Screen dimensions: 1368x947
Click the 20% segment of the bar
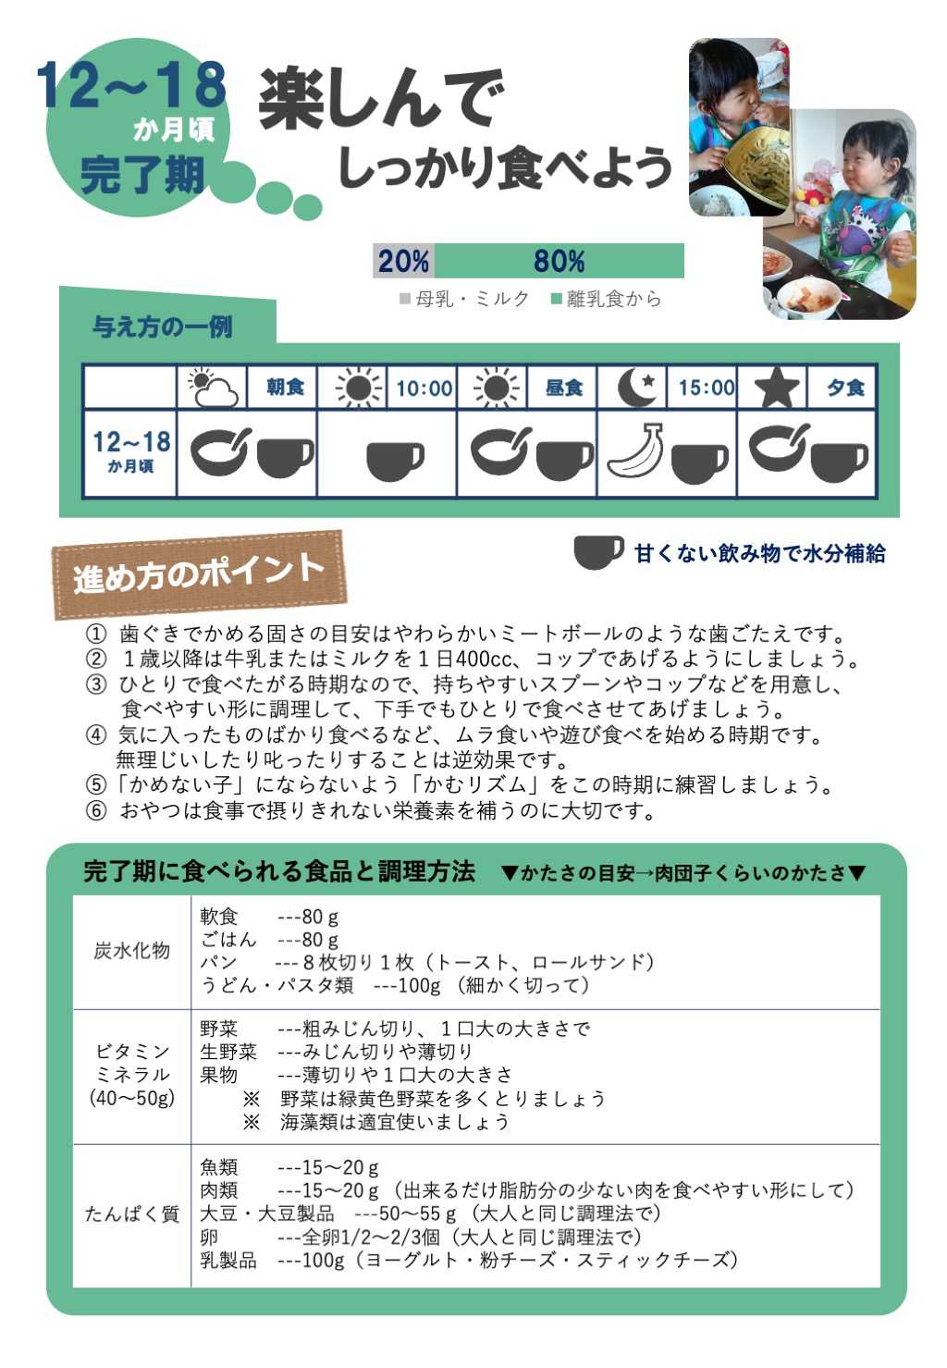click(403, 262)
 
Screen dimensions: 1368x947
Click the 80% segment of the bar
click(559, 262)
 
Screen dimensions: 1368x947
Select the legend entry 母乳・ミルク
click(464, 300)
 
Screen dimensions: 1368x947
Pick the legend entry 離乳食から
click(607, 300)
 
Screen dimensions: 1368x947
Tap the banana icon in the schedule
click(635, 450)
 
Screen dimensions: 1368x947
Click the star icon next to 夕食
click(777, 388)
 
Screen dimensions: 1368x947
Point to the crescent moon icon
click(636, 388)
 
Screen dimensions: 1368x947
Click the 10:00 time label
click(424, 388)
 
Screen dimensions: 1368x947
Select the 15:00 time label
click(707, 388)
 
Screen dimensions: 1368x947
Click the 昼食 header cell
click(564, 388)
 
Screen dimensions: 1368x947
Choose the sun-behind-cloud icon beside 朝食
click(214, 388)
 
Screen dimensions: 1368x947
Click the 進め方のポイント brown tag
click(199, 574)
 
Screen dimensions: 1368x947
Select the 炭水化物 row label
click(131, 951)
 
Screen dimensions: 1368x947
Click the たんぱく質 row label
click(131, 1214)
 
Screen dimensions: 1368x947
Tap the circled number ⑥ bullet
click(95, 812)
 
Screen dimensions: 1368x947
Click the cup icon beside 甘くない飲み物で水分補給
click(597, 552)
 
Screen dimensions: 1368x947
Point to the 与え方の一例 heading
click(163, 327)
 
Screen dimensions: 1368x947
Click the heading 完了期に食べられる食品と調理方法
click(279, 871)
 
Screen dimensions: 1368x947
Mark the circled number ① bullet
click(95, 635)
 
